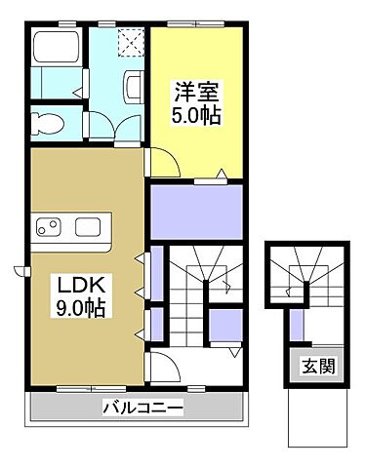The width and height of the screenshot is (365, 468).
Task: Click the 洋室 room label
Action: [196, 93]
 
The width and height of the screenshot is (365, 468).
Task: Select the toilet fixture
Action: [44, 123]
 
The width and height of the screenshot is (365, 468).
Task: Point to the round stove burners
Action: [49, 228]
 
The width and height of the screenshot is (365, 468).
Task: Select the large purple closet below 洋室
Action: [196, 211]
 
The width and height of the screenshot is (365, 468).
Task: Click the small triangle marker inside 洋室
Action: [223, 175]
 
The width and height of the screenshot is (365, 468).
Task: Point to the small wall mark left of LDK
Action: [18, 270]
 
